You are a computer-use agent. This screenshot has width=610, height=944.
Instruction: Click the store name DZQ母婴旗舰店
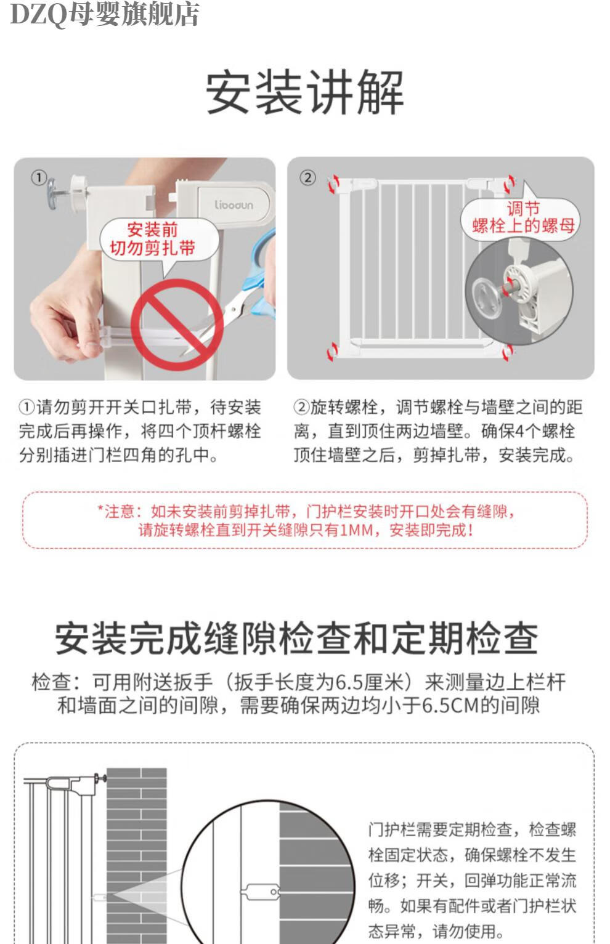104,14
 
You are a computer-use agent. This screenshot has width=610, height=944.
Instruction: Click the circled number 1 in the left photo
39,177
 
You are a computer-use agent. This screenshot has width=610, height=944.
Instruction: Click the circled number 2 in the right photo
307,178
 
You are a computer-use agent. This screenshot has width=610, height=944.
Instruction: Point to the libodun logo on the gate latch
234,205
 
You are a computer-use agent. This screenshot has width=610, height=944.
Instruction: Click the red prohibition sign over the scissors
177,325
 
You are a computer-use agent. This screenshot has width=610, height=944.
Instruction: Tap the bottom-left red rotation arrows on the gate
333,351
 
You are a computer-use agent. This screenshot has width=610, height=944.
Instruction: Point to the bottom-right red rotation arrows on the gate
508,352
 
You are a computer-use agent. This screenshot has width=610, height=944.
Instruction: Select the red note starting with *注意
305,520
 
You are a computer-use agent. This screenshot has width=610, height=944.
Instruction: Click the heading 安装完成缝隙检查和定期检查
297,639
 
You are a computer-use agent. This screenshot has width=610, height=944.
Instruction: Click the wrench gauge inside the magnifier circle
261,891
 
